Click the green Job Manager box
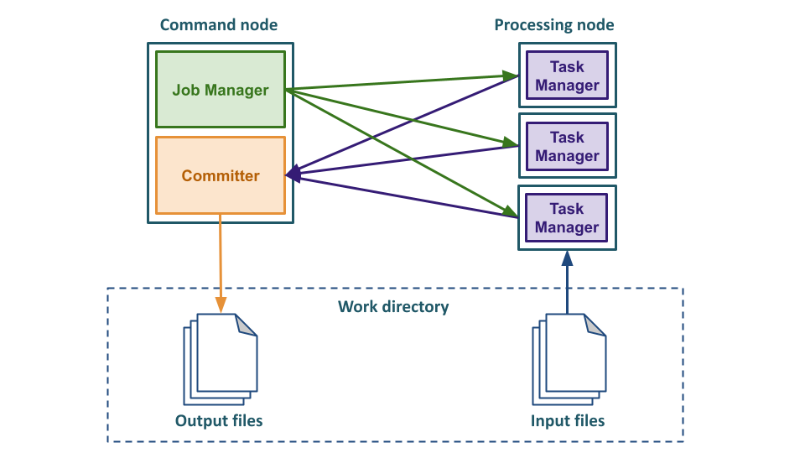[221, 90]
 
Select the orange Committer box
[221, 175]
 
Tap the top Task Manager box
[567, 76]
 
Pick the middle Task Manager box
[567, 147]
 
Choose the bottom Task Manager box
[567, 218]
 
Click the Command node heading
[219, 24]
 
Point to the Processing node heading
[554, 24]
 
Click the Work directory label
[393, 307]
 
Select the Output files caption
[219, 420]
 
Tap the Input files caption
[568, 420]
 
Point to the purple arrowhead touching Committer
[291, 175]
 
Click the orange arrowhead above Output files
[221, 307]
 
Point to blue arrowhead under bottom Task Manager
[567, 257]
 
